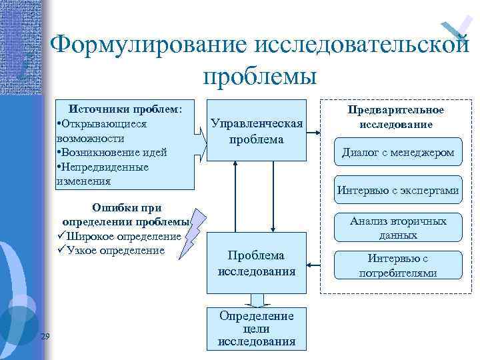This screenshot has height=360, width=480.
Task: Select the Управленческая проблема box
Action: point(256,131)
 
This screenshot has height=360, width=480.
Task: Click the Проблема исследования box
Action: point(256,263)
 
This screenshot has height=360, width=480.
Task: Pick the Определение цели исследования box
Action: point(256,327)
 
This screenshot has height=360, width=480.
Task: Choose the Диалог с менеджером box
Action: point(398,153)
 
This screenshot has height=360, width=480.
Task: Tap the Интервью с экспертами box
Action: point(398,191)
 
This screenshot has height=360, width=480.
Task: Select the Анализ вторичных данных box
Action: point(398,228)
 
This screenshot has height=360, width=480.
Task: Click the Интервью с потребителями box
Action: point(398,265)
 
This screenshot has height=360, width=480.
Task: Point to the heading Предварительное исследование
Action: point(396,117)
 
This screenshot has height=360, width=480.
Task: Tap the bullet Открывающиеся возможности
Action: point(101,131)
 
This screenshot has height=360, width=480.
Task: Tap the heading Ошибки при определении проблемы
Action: point(126,215)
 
